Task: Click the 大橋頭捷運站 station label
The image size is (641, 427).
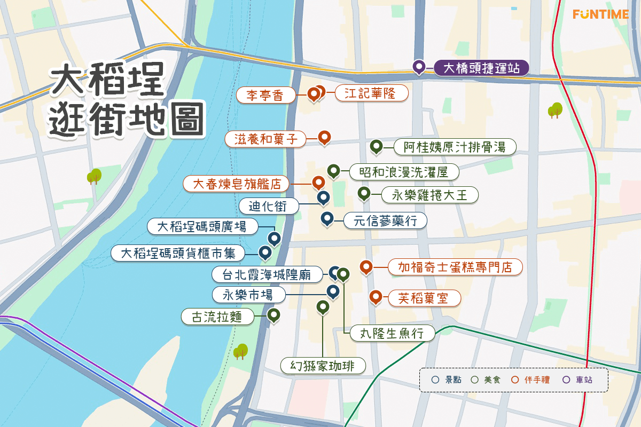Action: [x=480, y=68]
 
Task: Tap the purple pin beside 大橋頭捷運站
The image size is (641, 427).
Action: [x=419, y=67]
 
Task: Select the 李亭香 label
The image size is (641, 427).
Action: [x=266, y=96]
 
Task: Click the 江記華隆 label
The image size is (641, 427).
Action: [x=372, y=93]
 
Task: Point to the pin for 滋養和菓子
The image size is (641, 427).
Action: [x=324, y=137]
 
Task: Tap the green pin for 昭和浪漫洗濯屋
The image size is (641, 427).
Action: [x=334, y=170]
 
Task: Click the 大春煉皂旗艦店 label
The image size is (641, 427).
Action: [x=237, y=184]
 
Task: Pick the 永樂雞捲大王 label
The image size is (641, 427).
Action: [x=429, y=195]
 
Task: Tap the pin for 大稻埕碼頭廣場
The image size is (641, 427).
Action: [x=274, y=239]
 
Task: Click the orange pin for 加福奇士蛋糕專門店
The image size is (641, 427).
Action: [x=366, y=266]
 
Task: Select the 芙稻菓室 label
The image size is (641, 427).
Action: [x=425, y=298]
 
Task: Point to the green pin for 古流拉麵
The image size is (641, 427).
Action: [x=274, y=315]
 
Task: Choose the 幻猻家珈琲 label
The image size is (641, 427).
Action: [x=324, y=366]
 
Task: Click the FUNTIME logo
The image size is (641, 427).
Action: [x=600, y=14]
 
